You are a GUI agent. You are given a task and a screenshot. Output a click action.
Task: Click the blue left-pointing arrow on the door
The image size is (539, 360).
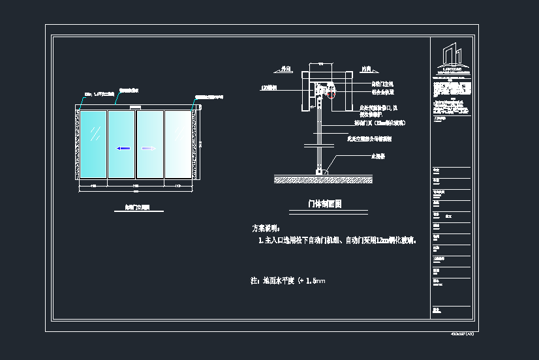(123, 148)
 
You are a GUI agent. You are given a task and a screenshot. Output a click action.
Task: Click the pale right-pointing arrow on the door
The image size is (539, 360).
(149, 148)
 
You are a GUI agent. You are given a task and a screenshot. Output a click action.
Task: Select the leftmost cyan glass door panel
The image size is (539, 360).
(93, 144)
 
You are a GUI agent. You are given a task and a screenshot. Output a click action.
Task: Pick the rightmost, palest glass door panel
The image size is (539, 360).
(177, 144)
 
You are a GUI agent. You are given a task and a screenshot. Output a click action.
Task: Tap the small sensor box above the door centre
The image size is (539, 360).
(135, 107)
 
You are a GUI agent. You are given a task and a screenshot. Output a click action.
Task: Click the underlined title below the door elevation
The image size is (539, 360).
(137, 208)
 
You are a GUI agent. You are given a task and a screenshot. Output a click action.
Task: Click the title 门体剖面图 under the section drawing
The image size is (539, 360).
(325, 204)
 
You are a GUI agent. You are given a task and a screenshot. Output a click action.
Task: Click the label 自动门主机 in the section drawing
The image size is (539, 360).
(382, 84)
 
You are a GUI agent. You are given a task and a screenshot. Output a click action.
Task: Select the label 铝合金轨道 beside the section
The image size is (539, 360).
(382, 92)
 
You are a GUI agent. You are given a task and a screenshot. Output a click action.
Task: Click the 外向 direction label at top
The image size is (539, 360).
(284, 67)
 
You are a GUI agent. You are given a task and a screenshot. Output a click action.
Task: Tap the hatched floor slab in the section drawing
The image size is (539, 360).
(323, 178)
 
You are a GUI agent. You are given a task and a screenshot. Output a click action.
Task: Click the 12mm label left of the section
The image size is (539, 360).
(269, 87)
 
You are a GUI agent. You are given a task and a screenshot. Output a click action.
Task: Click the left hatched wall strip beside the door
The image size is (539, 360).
(76, 144)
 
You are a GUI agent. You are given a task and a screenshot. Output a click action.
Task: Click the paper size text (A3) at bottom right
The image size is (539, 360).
(462, 333)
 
